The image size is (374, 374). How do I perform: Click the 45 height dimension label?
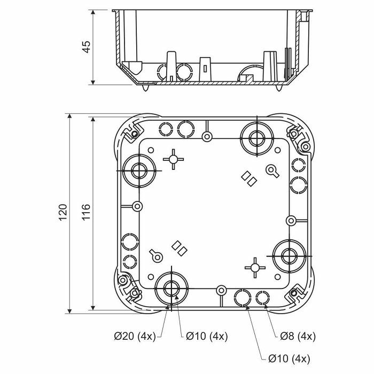tap(87, 47)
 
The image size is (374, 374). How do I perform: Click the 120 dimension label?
tap(63, 212)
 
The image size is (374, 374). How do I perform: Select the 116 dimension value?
tap(87, 212)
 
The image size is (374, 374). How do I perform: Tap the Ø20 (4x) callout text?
tap(135, 336)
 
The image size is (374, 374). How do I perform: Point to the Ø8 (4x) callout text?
tap(298, 336)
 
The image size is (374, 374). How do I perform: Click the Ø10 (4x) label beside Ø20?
tap(207, 336)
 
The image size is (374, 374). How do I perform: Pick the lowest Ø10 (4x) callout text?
tap(289, 359)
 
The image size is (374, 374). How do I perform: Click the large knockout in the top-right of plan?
tap(256, 138)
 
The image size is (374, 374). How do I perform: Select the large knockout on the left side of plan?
tap(139, 171)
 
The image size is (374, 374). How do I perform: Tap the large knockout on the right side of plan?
tap(289, 256)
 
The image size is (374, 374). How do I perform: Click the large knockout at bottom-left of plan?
tap(172, 289)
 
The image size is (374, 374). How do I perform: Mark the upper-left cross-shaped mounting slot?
tap(174, 159)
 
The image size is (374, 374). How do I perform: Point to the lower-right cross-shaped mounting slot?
tap(255, 268)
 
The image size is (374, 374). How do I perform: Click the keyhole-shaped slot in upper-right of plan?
tap(272, 171)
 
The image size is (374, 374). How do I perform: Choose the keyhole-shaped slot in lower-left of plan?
tap(156, 256)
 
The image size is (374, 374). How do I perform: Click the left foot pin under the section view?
tap(146, 88)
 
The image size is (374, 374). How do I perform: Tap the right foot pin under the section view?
tap(278, 88)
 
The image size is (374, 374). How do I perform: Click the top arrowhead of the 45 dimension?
tap(93, 12)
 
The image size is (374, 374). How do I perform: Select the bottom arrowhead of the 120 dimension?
tap(69, 311)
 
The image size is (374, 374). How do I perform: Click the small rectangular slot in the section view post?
tap(205, 69)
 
